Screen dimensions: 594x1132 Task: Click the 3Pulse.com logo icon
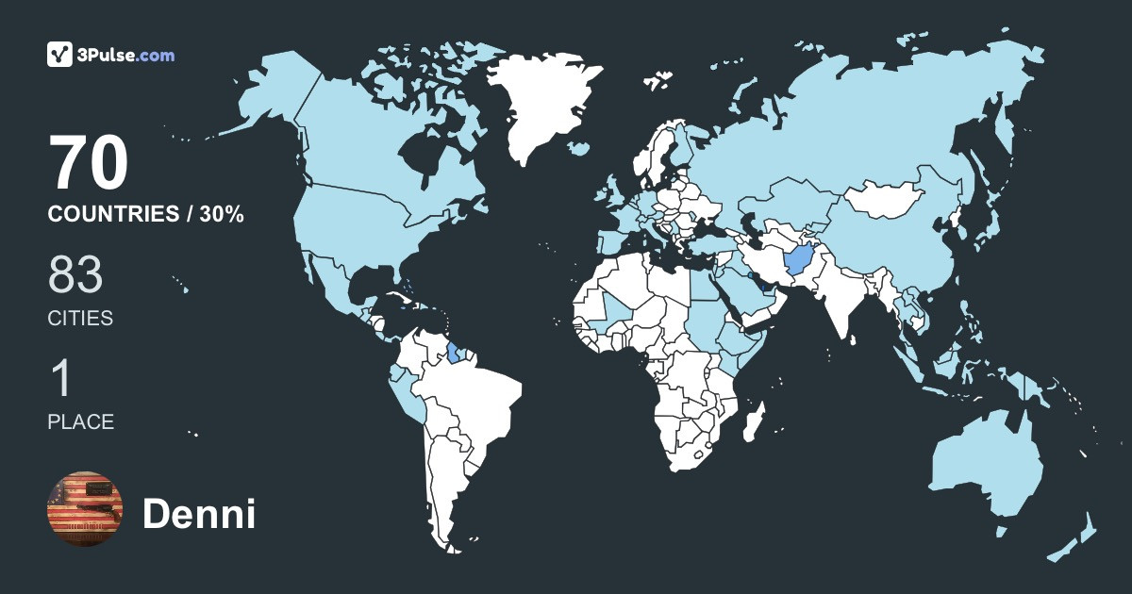pyautogui.click(x=60, y=54)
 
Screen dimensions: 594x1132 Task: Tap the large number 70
pyautogui.click(x=89, y=165)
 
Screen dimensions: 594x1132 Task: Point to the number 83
pyautogui.click(x=75, y=277)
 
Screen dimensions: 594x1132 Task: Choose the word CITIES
pyautogui.click(x=80, y=319)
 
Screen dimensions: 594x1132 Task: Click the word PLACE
pyautogui.click(x=81, y=422)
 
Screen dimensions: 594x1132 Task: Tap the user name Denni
pyautogui.click(x=199, y=515)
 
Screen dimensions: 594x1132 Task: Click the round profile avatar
pyautogui.click(x=85, y=508)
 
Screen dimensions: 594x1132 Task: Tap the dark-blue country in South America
pyautogui.click(x=456, y=354)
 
